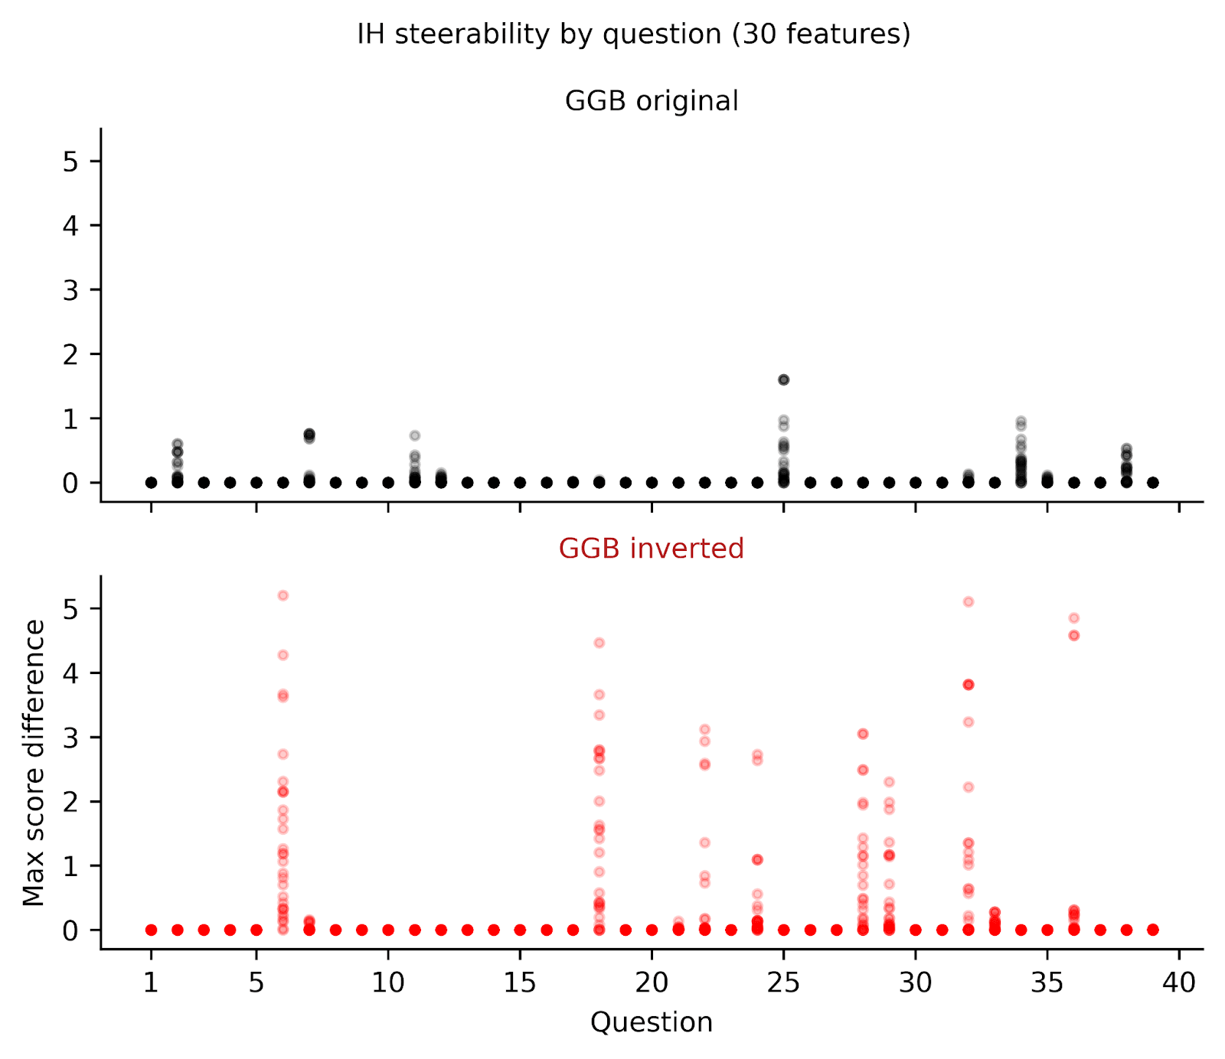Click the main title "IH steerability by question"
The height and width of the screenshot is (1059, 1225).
633,34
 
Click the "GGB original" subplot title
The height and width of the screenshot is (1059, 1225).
652,101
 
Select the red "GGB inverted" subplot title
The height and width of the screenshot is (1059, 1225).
652,549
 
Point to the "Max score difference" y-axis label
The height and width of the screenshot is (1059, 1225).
34,762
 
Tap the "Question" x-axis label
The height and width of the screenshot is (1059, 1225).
652,1022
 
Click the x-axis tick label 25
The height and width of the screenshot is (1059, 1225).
783,982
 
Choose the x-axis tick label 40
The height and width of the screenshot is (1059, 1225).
1179,982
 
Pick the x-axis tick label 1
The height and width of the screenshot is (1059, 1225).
151,982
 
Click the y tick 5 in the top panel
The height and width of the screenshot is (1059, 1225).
71,161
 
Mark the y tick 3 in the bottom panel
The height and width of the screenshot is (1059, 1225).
71,738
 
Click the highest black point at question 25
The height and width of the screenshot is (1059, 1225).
783,380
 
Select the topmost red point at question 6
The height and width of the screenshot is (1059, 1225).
283,595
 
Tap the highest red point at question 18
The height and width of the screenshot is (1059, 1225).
599,643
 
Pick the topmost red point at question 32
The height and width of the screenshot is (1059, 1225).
969,602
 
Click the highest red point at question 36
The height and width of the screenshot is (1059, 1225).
1074,618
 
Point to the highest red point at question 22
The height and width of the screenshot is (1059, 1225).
705,729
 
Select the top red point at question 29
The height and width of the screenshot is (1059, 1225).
889,782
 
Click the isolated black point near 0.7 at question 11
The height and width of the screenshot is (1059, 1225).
415,435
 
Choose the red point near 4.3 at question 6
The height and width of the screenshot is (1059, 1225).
283,655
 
